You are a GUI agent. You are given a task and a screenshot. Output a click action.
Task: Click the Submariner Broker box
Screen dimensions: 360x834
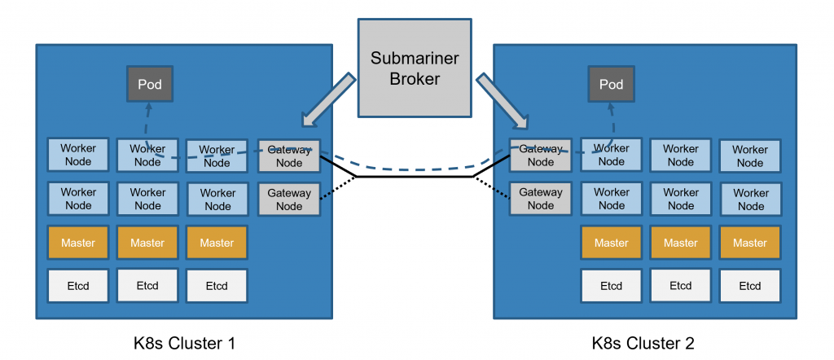[415, 69]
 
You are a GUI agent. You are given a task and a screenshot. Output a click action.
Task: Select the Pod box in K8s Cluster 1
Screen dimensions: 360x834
[149, 85]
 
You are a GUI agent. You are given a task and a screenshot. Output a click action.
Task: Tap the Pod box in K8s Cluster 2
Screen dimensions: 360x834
[611, 85]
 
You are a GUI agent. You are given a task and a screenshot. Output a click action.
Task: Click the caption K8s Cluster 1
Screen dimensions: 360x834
[185, 343]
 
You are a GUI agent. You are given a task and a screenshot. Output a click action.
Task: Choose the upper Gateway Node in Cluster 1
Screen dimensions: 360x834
[289, 156]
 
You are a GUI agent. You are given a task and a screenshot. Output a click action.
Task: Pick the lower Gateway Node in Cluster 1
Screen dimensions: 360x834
[289, 200]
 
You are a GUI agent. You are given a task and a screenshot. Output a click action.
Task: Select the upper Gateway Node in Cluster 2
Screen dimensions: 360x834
[541, 156]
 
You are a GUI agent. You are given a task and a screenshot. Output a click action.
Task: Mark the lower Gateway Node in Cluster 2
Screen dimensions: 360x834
[541, 200]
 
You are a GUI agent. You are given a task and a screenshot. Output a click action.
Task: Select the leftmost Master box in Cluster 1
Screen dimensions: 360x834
[78, 243]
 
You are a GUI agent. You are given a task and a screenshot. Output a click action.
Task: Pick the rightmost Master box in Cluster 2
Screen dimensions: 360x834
[750, 243]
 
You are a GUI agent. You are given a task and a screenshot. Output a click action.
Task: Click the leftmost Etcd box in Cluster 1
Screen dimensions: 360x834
[78, 286]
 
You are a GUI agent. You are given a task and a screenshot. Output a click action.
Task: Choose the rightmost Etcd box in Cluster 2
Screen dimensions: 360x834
[750, 286]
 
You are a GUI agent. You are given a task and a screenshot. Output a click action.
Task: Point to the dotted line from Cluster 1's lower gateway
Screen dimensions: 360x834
[338, 187]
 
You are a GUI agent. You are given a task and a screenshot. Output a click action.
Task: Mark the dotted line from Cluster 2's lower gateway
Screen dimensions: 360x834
[492, 187]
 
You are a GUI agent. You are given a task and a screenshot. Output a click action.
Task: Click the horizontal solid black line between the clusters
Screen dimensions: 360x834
[415, 176]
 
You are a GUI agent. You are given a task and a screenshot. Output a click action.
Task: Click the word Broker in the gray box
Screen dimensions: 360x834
[415, 80]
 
